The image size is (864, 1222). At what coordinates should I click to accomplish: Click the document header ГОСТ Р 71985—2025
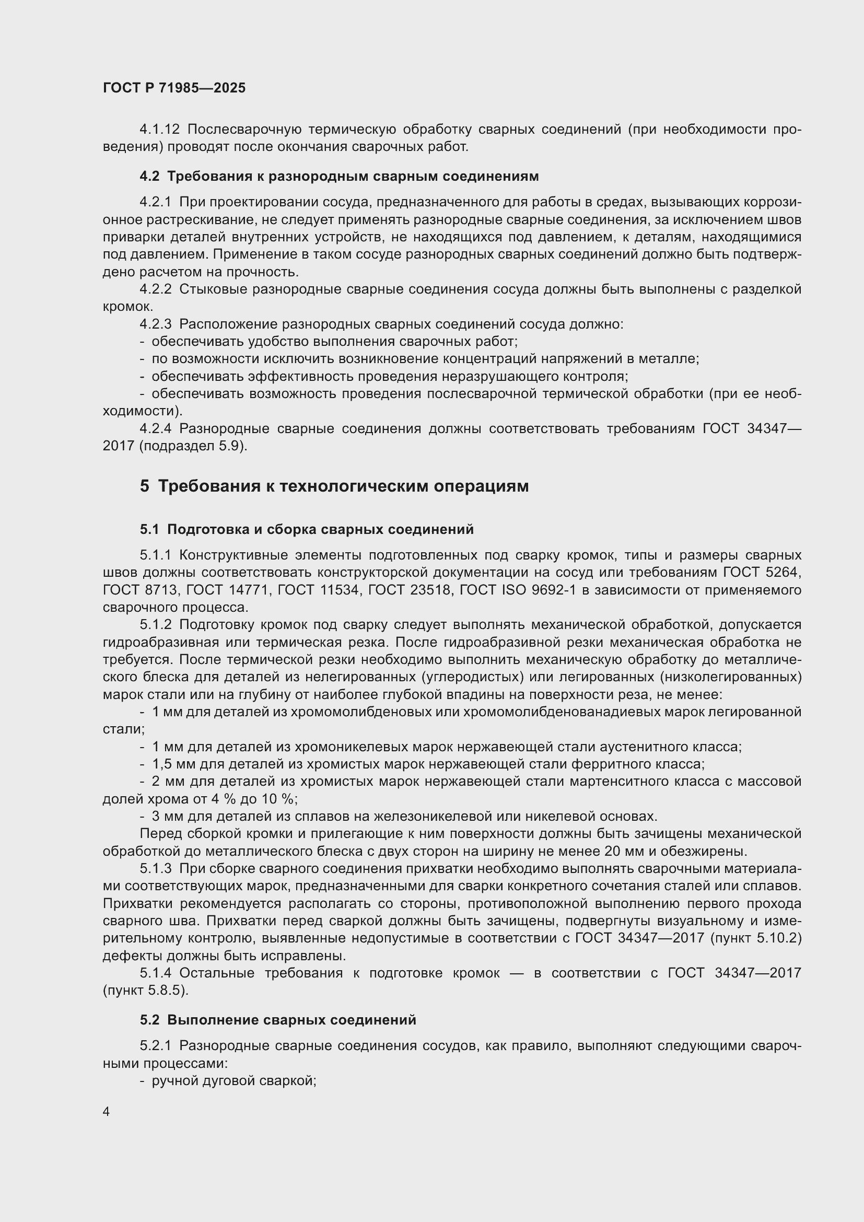174,88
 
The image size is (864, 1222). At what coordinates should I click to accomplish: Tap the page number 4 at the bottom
107,1112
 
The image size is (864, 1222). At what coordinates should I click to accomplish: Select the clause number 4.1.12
160,130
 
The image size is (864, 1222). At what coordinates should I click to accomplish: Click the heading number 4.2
149,176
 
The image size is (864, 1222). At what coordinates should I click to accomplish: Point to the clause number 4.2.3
155,324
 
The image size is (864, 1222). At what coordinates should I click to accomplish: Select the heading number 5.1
149,530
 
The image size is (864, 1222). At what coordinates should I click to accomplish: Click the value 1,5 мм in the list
173,764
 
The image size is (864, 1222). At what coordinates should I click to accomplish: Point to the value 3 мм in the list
167,817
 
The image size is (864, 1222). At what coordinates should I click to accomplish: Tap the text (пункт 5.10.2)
755,938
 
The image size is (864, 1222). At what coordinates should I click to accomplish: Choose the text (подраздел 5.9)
193,446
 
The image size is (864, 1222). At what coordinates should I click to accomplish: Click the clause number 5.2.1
155,1046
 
